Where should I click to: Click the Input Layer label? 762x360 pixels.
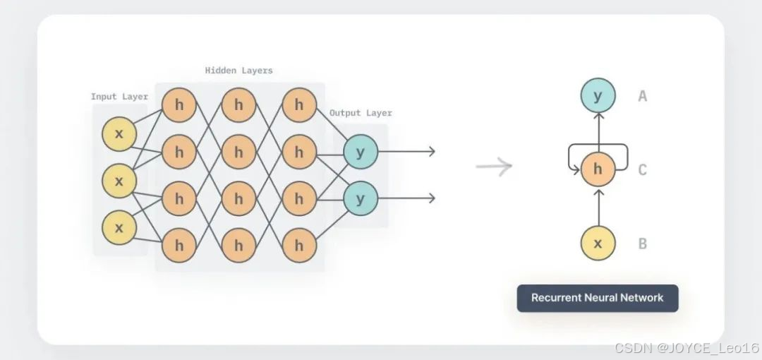(119, 97)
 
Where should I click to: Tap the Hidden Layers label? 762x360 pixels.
(238, 71)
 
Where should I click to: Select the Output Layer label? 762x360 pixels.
(361, 113)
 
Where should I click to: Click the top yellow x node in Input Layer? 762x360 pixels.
(119, 135)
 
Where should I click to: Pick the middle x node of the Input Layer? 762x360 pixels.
(119, 181)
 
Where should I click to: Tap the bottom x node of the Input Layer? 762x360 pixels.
(119, 227)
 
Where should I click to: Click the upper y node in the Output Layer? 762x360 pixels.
(361, 152)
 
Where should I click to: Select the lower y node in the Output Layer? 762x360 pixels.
(361, 199)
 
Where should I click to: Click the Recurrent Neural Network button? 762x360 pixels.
(597, 298)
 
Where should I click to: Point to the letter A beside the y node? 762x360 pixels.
(642, 96)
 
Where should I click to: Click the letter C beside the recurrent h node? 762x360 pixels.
(642, 169)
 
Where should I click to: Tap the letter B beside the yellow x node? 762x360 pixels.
(642, 244)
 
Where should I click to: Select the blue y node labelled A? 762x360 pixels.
(598, 96)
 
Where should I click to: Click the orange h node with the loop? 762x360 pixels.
(598, 169)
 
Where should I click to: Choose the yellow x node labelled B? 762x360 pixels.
(598, 244)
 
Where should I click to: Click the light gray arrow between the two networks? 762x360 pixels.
(494, 167)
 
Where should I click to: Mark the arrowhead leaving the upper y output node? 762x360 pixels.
(431, 152)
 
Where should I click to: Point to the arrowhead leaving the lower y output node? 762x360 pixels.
(431, 199)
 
